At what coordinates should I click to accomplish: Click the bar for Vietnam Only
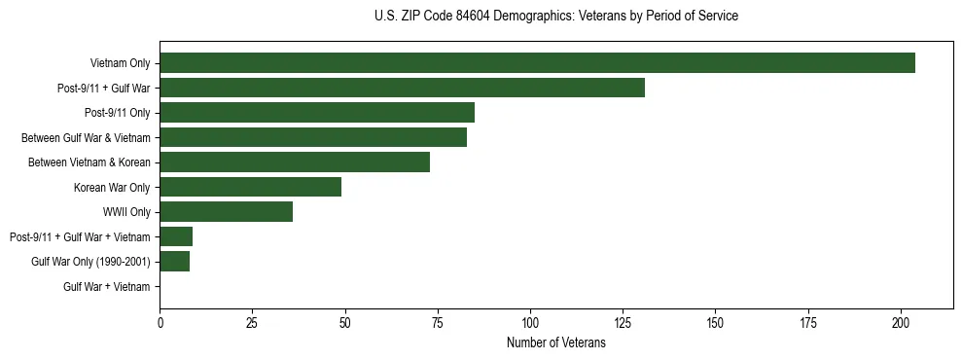[x=537, y=63]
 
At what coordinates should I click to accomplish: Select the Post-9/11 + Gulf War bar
[x=402, y=89]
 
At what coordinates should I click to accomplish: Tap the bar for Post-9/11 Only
[x=317, y=113]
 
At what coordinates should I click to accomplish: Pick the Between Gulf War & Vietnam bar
[x=313, y=137]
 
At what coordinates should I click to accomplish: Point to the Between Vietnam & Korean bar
[x=295, y=162]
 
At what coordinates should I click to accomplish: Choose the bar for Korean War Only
[x=250, y=187]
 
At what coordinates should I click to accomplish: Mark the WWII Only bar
[x=226, y=212]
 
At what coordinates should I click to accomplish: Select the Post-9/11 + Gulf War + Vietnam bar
[x=176, y=236]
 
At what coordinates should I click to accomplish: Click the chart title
[x=555, y=17]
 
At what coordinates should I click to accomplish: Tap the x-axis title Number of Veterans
[x=555, y=343]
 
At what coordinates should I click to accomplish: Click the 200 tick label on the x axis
[x=901, y=322]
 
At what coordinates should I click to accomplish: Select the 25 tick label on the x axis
[x=252, y=322]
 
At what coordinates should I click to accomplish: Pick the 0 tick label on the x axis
[x=160, y=322]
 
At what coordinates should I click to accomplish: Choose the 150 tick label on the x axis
[x=715, y=322]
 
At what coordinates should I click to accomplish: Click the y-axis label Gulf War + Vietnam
[x=107, y=286]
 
